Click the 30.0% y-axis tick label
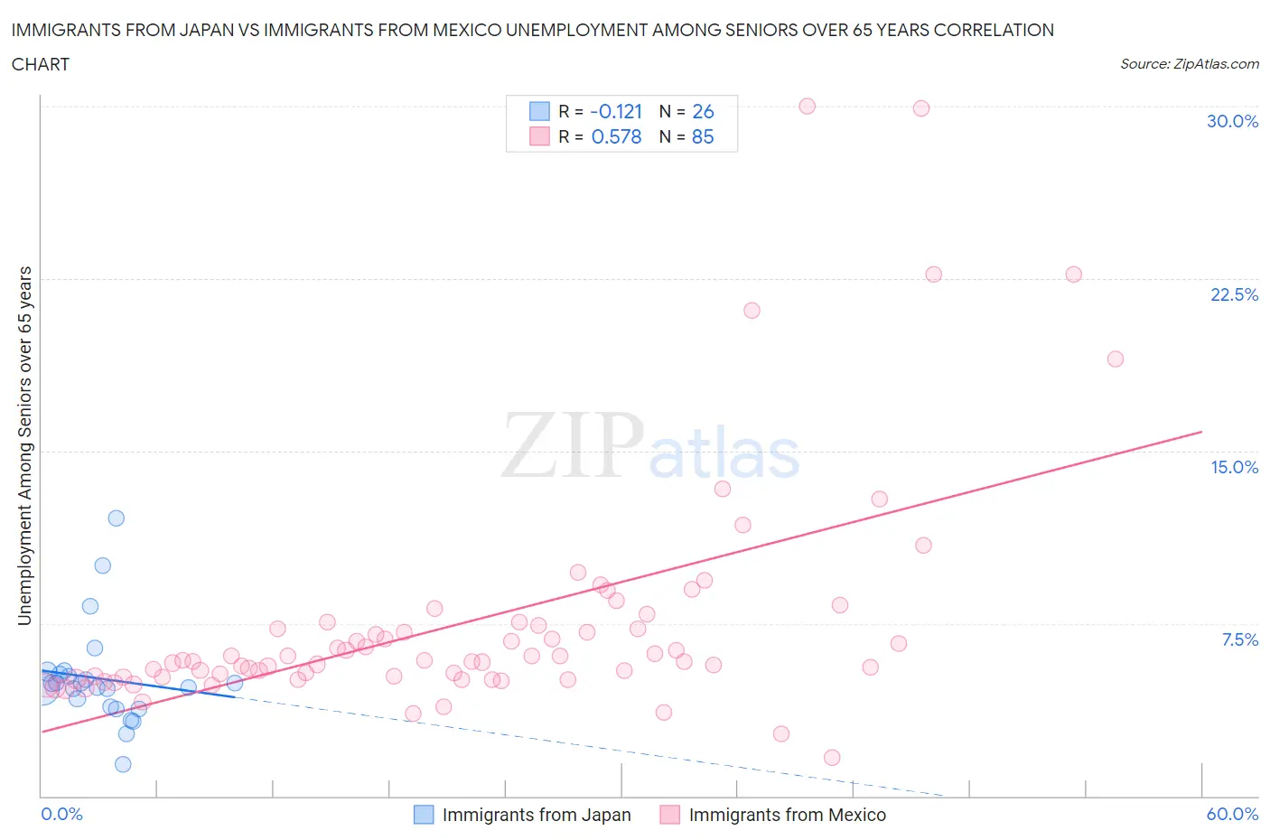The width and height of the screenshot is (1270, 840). (x=1232, y=121)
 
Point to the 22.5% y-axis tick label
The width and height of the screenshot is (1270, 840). (x=1234, y=294)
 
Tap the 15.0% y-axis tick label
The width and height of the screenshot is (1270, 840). (x=1234, y=467)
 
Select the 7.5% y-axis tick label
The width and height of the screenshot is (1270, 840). (x=1239, y=639)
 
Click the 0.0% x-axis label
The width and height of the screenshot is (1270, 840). (x=61, y=814)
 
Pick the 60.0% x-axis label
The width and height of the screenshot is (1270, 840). (x=1232, y=814)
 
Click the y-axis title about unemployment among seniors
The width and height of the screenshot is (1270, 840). (x=25, y=446)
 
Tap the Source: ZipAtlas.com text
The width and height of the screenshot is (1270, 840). (x=1189, y=63)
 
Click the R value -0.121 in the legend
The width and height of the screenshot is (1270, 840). (x=616, y=111)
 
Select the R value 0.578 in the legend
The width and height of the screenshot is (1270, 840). (x=616, y=136)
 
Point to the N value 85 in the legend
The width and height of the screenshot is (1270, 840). (x=703, y=136)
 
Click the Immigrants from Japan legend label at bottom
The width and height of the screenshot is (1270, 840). (x=537, y=815)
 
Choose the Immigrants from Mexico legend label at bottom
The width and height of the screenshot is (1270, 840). (x=787, y=815)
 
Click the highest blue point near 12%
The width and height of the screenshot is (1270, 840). (x=117, y=518)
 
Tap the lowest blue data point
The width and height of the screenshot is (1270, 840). (x=123, y=764)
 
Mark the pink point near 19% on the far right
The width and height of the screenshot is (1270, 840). (x=1116, y=359)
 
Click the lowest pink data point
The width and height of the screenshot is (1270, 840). (x=832, y=757)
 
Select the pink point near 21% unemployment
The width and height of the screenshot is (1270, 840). (x=752, y=310)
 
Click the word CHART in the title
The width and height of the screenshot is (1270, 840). (x=41, y=64)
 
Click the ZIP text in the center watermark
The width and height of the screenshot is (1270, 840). (x=572, y=445)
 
